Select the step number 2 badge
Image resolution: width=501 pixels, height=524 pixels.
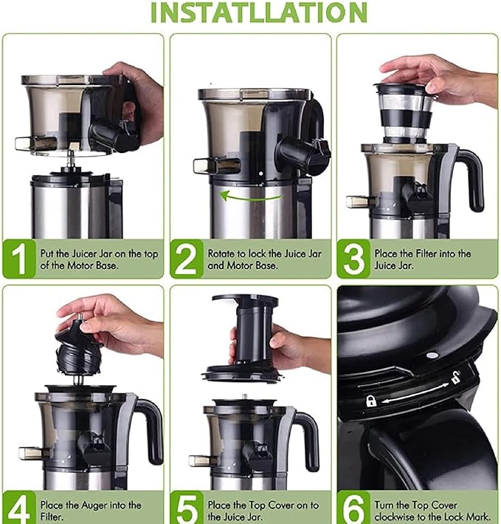click(187, 259)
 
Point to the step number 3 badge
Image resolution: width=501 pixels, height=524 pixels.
click(353, 259)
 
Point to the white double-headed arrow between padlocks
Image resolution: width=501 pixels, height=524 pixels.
click(413, 389)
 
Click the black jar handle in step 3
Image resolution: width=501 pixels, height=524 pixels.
click(469, 177)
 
